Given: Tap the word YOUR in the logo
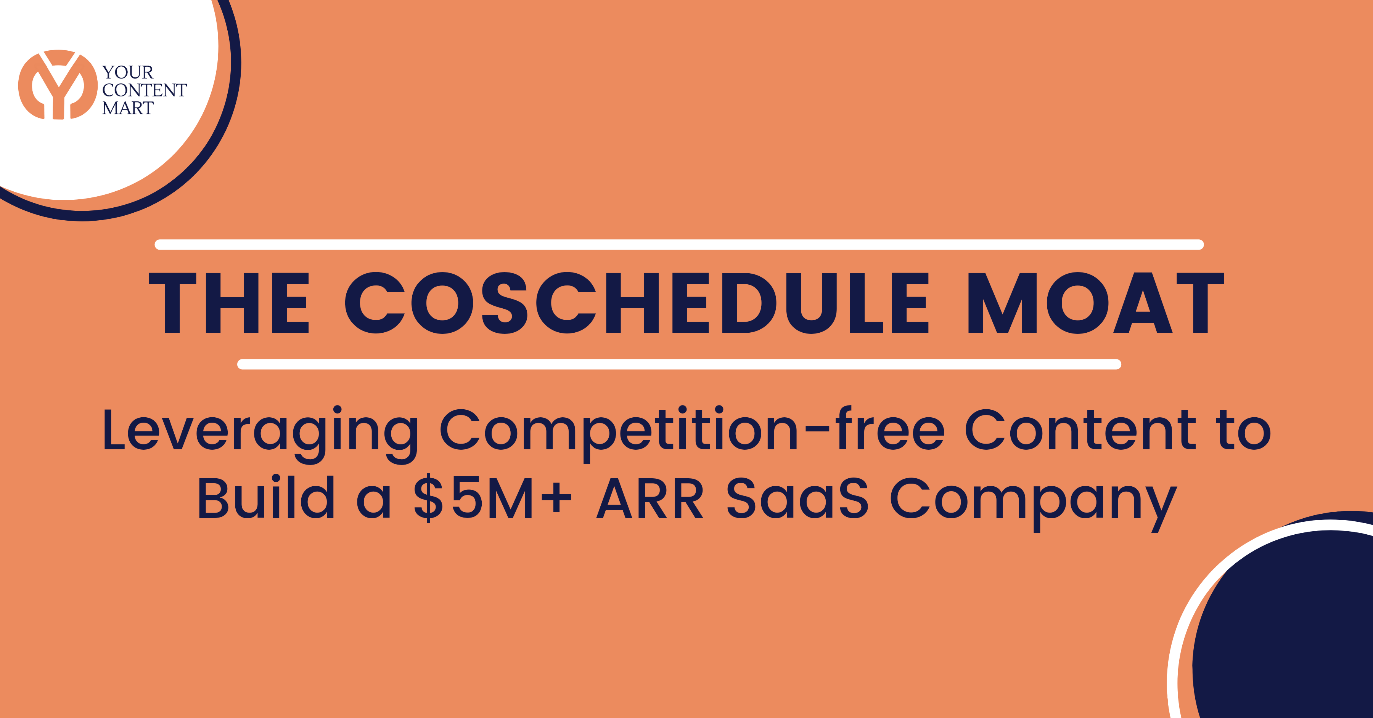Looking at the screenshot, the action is (128, 72).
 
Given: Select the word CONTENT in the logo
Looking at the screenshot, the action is (145, 90).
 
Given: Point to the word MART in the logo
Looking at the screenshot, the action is (128, 108).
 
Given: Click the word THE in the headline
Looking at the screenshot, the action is (229, 303).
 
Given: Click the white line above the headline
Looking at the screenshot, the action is (679, 245).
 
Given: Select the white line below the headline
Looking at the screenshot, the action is (679, 364).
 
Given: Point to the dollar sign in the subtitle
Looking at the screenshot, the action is (429, 498).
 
